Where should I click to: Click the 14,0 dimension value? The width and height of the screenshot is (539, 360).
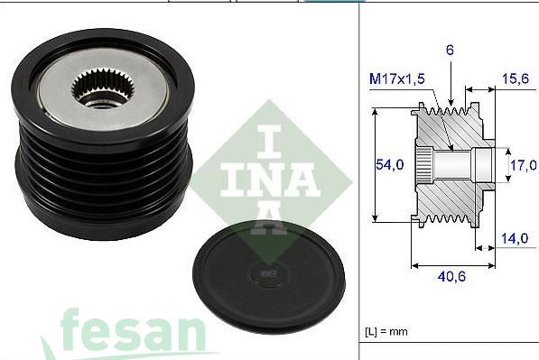pos(515,239)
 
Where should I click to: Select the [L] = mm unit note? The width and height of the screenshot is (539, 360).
pos(387,332)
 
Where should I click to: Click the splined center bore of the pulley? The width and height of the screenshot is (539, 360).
pos(95,87)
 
